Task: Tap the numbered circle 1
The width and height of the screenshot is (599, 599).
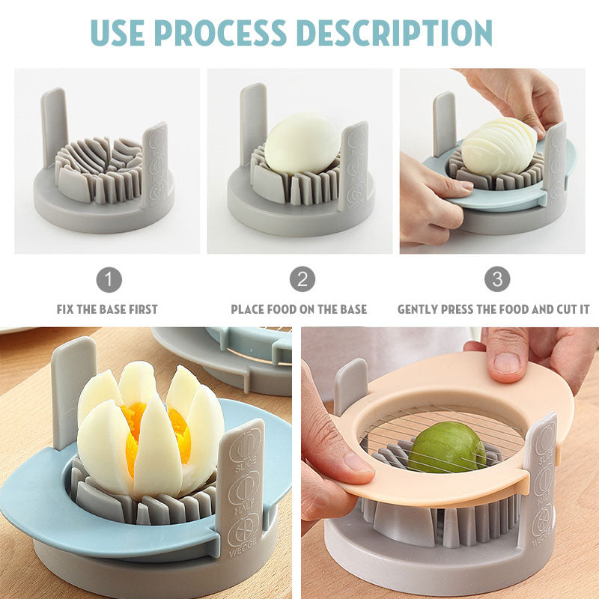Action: (x=109, y=280)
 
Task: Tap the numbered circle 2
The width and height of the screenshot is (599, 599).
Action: (x=302, y=280)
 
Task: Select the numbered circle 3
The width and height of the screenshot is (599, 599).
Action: (x=496, y=280)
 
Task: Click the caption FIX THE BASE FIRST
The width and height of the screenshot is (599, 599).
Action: (x=107, y=309)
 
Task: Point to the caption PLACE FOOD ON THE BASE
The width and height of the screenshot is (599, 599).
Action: (x=299, y=309)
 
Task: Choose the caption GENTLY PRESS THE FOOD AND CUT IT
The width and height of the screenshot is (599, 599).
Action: (x=493, y=309)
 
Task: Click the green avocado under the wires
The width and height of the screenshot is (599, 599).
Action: (x=446, y=447)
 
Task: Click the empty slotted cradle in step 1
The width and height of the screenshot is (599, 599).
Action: (x=99, y=166)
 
